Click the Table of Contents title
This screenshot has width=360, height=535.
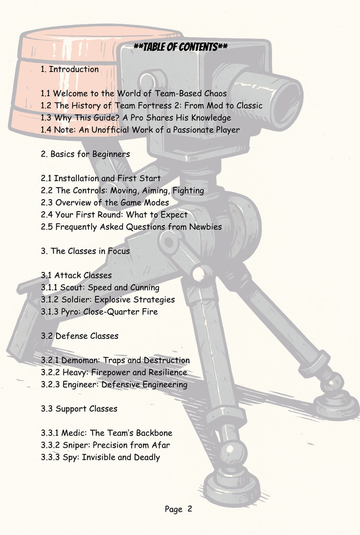tap(180, 47)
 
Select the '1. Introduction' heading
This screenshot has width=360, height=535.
tap(70, 69)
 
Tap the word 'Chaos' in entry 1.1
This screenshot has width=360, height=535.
tap(214, 93)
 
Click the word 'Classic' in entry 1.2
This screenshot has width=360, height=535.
tap(249, 105)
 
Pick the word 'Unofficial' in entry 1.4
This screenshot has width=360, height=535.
tap(110, 130)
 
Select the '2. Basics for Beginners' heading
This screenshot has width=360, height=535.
tap(85, 154)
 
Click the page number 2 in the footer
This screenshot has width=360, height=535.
tap(190, 509)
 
